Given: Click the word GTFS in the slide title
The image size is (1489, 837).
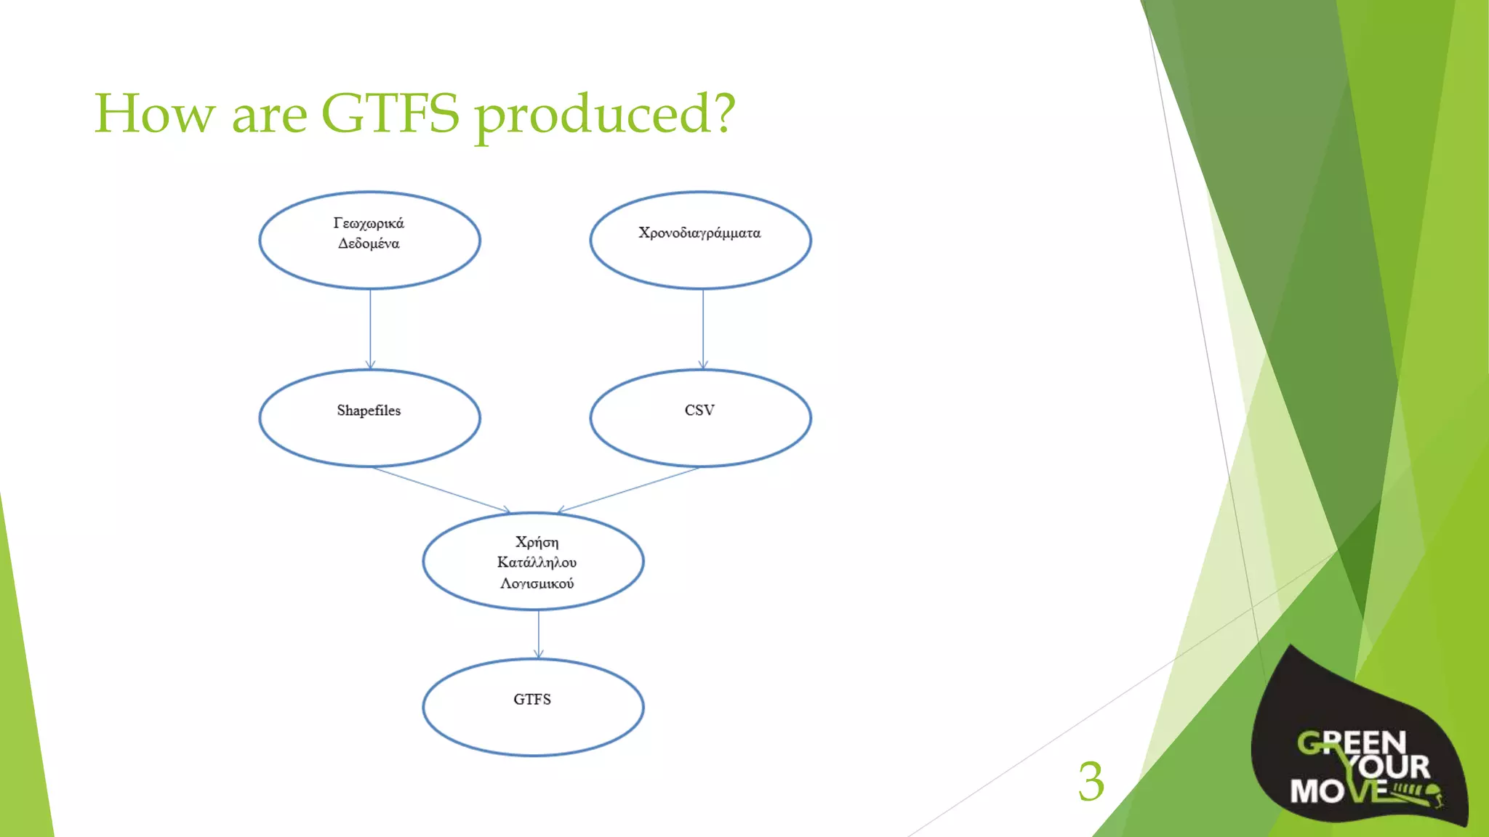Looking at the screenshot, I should pyautogui.click(x=390, y=113).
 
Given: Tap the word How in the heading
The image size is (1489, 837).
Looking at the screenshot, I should pyautogui.click(x=155, y=113).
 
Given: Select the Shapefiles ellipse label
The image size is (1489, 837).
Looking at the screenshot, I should pyautogui.click(x=369, y=411).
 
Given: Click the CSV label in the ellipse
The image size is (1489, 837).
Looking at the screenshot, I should pyautogui.click(x=699, y=411).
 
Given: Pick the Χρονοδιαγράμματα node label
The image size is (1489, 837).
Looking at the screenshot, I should pyautogui.click(x=699, y=233).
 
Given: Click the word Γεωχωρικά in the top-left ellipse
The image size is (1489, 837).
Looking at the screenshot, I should pyautogui.click(x=369, y=223).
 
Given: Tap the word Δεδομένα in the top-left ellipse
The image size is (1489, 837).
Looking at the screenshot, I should pyautogui.click(x=369, y=243).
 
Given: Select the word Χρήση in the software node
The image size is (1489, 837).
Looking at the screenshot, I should pyautogui.click(x=537, y=542).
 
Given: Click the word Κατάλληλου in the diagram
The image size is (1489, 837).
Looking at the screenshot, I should pyautogui.click(x=537, y=562).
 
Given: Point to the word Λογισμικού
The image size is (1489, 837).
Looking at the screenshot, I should pyautogui.click(x=537, y=583).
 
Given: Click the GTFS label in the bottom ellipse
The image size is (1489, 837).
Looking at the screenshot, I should pyautogui.click(x=532, y=700).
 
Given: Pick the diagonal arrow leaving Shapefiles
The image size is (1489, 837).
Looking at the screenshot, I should pyautogui.click(x=441, y=490).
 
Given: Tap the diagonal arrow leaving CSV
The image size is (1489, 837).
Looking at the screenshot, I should pyautogui.click(x=629, y=490).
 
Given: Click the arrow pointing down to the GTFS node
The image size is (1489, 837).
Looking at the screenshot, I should pyautogui.click(x=538, y=634).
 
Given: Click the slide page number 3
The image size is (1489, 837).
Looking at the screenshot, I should pyautogui.click(x=1091, y=782).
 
